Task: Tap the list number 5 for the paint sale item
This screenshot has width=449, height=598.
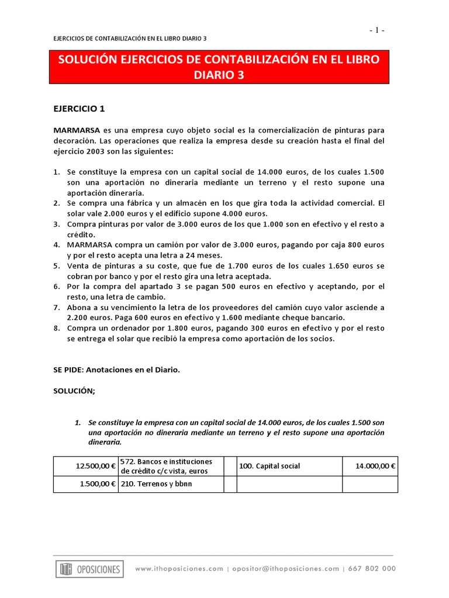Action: coord(57,266)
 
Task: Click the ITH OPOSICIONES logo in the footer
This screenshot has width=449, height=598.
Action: coord(89,569)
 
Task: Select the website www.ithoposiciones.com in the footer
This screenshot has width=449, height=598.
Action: coord(179,569)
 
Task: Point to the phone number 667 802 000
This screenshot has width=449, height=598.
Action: coord(372,569)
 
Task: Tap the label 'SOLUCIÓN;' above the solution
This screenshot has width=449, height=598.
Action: coord(74,391)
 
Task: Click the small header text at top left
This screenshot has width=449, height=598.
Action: coord(130,39)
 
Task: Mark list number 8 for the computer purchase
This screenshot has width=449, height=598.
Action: coord(57,328)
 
